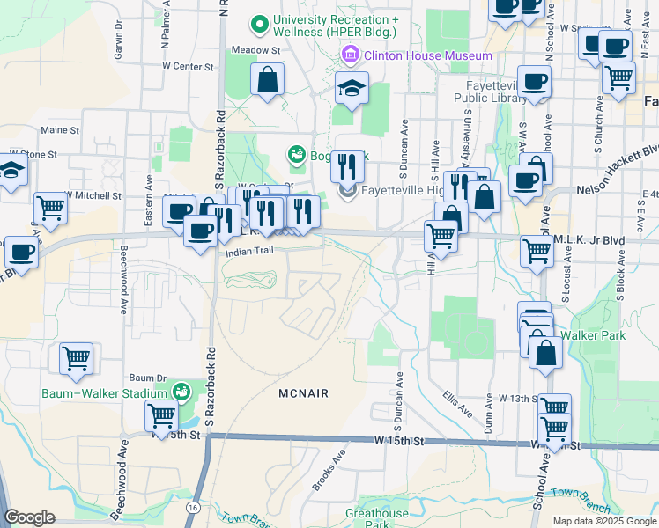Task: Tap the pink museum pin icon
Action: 351,56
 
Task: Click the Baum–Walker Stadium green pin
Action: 182,390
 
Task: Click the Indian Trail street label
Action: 252,252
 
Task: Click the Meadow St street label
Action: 255,50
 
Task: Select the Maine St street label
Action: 60,130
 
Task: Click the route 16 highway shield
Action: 192,508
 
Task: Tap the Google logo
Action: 30,517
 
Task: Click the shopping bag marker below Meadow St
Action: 267,80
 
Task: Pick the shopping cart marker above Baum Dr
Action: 76,358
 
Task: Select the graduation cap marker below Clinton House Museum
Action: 352,88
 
